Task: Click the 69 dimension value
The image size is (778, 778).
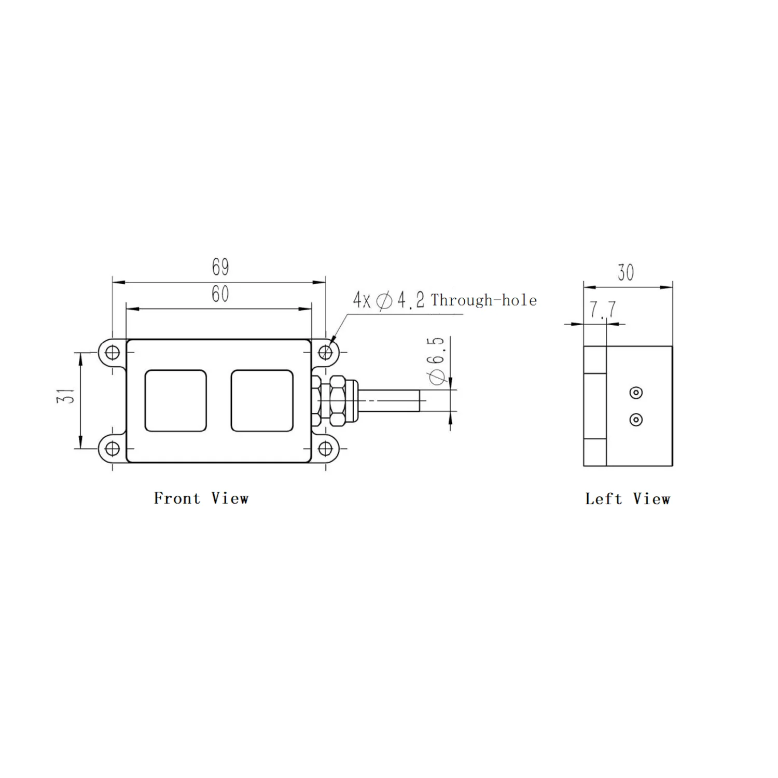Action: coord(220,267)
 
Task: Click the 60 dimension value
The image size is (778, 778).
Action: coord(220,294)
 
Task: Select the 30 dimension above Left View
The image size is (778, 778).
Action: coord(626,272)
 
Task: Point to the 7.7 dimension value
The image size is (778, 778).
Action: coord(603,310)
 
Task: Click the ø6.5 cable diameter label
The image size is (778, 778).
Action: coord(437,360)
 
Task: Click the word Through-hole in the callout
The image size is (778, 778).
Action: coord(484,300)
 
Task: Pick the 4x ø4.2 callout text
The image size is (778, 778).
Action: coord(389,300)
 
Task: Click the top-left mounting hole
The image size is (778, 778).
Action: coord(113,353)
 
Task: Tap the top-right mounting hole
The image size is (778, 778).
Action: coord(325,353)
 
